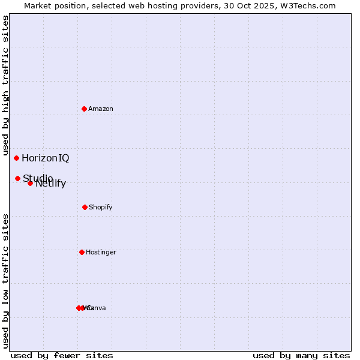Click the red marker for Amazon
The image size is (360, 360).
[x=84, y=109]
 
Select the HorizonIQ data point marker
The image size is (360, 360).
[x=16, y=158]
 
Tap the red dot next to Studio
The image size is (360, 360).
[x=17, y=178]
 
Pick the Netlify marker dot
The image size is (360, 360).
[x=30, y=183]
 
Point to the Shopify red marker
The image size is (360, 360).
[x=85, y=207]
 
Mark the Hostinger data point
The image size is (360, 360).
[x=82, y=252]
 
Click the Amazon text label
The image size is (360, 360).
[x=101, y=109]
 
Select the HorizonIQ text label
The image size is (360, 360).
[x=46, y=158]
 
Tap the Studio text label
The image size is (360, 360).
[x=38, y=178]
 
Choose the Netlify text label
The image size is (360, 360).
[x=51, y=184]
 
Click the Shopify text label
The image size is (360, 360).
[x=101, y=207]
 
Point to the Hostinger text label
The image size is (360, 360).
[x=101, y=252]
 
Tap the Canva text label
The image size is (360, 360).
[x=97, y=308]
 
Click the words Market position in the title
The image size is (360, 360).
[x=52, y=6]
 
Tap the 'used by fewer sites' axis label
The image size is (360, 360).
[x=62, y=355]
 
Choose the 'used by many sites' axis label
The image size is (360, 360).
[x=301, y=355]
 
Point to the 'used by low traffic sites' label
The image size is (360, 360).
[x=6, y=281]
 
